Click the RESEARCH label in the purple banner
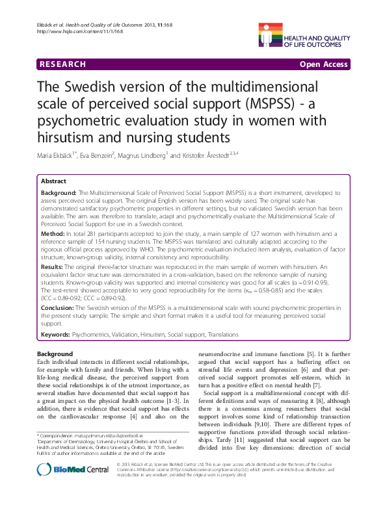tap(62, 64)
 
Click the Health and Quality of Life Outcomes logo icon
tap(274, 32)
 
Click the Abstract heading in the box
tap(53, 182)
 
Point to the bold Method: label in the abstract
tap(52, 232)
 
